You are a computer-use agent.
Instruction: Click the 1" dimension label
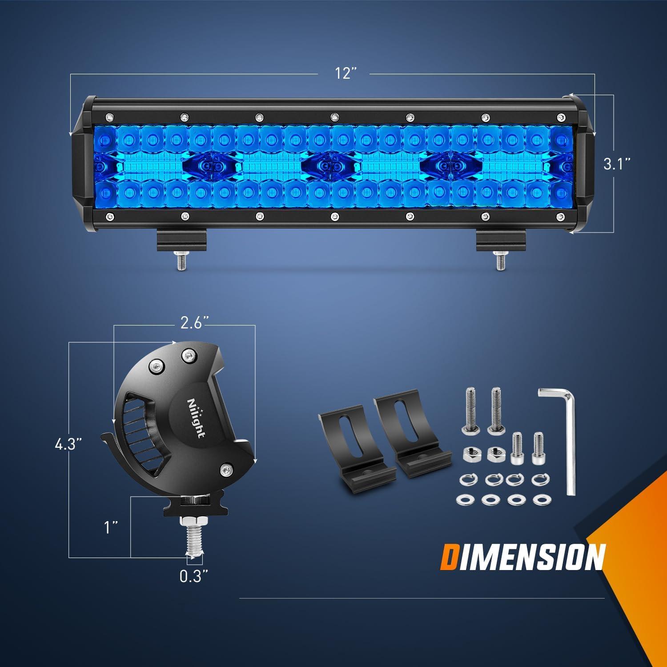(x=110, y=528)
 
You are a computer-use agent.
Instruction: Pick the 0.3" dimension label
(x=194, y=576)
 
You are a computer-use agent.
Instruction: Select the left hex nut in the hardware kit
(x=470, y=454)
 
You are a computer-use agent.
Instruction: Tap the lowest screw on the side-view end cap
(x=227, y=469)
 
